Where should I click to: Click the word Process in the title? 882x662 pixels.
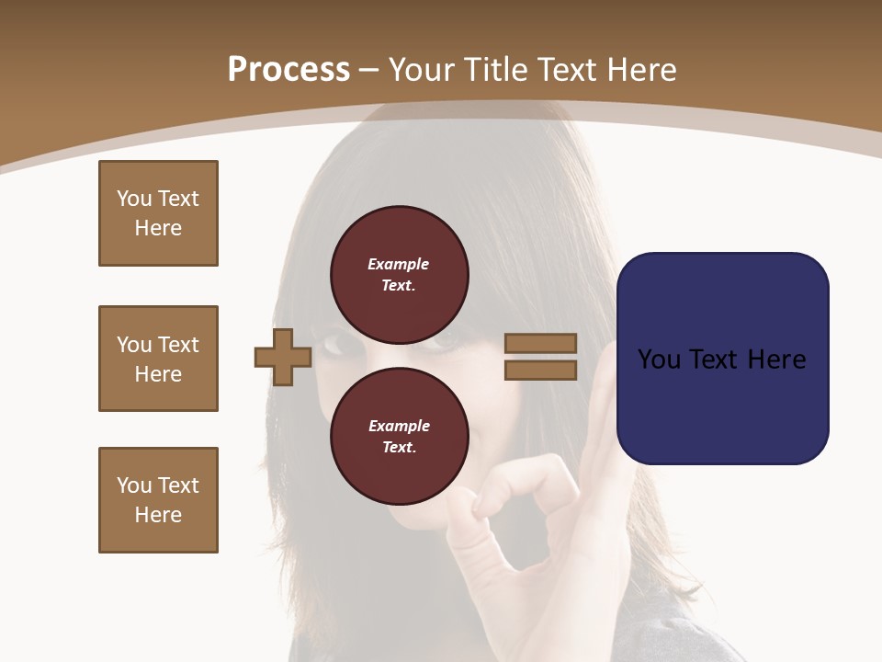click(288, 70)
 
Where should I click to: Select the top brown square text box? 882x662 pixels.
click(158, 213)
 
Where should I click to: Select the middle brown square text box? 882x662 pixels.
click(158, 359)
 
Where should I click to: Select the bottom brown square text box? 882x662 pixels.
click(158, 499)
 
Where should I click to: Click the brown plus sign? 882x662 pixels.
click(283, 357)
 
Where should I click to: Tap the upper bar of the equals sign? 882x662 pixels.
click(540, 343)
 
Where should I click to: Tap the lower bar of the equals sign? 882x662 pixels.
click(540, 371)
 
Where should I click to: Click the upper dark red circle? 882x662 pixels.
click(400, 274)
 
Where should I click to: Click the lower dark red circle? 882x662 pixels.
click(400, 436)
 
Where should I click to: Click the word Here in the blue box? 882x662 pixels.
click(777, 360)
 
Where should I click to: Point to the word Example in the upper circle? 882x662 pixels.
click(398, 264)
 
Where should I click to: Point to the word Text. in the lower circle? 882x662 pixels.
click(399, 448)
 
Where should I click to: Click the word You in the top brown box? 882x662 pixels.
click(133, 199)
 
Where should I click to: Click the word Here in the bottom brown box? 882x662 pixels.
click(158, 515)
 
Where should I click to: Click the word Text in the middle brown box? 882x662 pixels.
click(179, 345)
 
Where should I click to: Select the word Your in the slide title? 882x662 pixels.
click(421, 70)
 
